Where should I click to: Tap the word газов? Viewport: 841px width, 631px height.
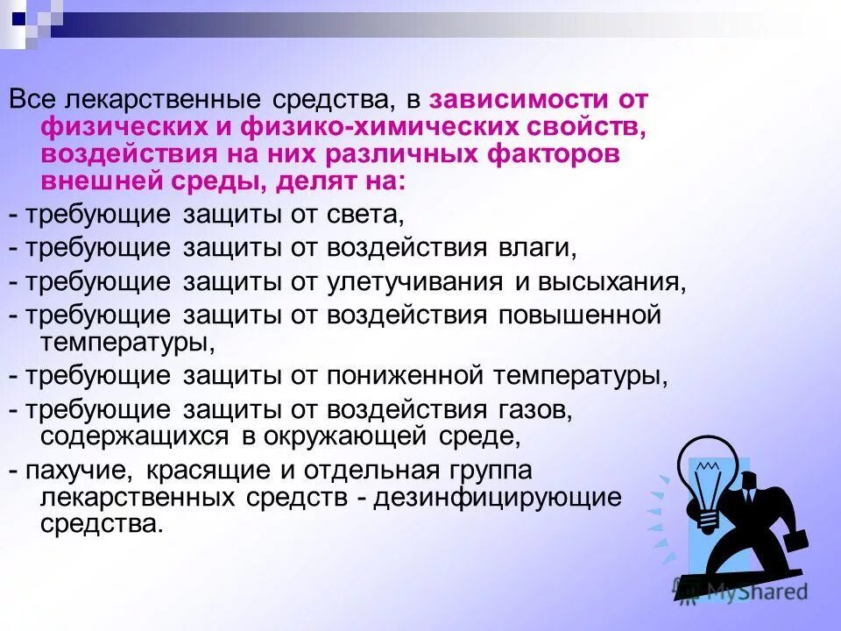click(x=534, y=409)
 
